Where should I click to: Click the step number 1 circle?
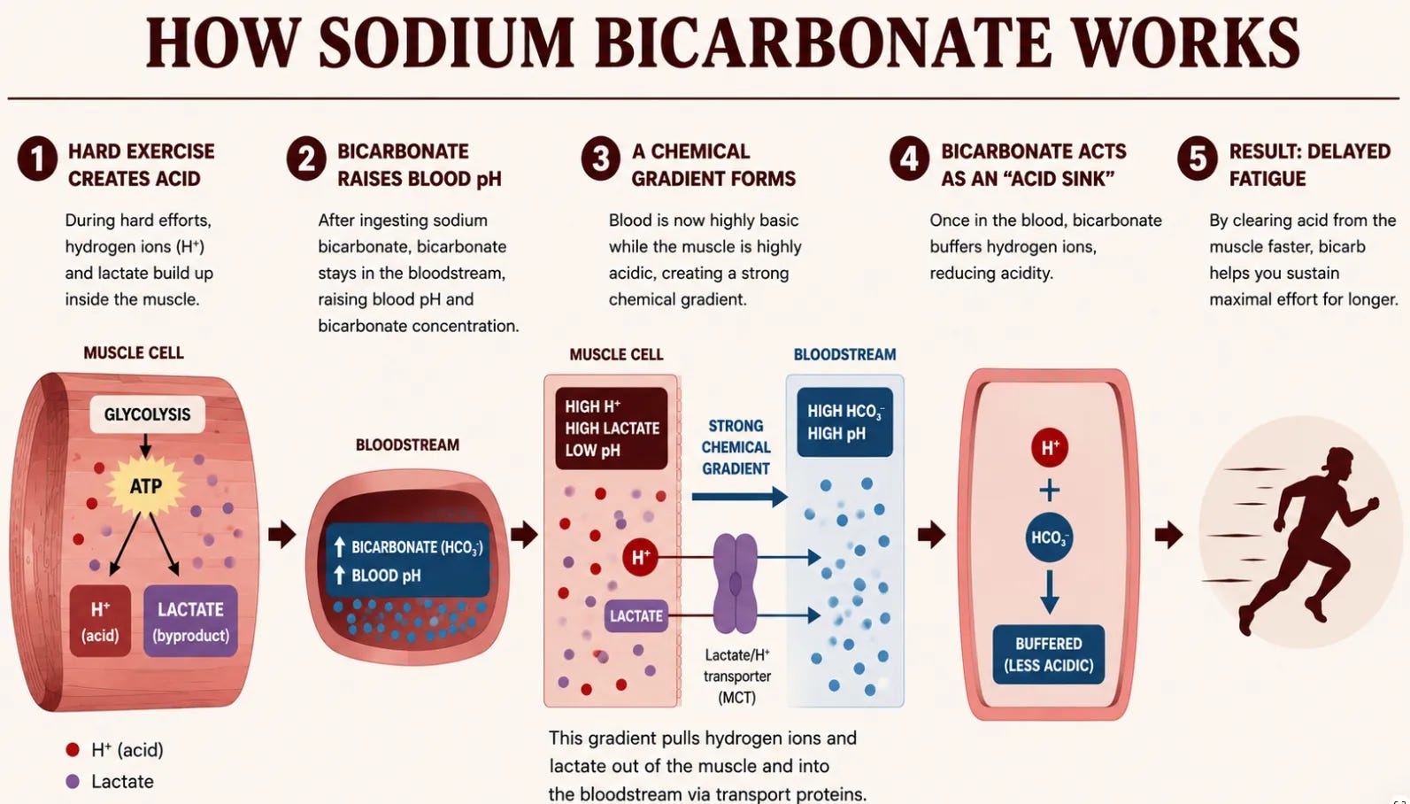click(37, 158)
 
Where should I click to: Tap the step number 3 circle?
click(600, 158)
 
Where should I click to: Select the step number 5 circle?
click(1198, 158)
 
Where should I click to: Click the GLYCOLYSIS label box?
click(147, 414)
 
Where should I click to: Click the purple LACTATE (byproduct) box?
click(190, 622)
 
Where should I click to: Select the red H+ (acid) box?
click(100, 622)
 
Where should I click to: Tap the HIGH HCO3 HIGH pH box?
click(844, 421)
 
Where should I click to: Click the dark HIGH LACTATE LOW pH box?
click(612, 429)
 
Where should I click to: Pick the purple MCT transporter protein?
click(736, 584)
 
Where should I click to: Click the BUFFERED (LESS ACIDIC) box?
click(1049, 654)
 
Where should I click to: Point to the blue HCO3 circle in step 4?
click(1050, 537)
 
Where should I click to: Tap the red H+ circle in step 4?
click(1050, 448)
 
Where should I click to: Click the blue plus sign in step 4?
click(1050, 490)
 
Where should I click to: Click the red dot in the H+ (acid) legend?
click(73, 749)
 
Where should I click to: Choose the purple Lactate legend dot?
click(73, 781)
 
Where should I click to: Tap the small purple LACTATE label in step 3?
click(636, 615)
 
